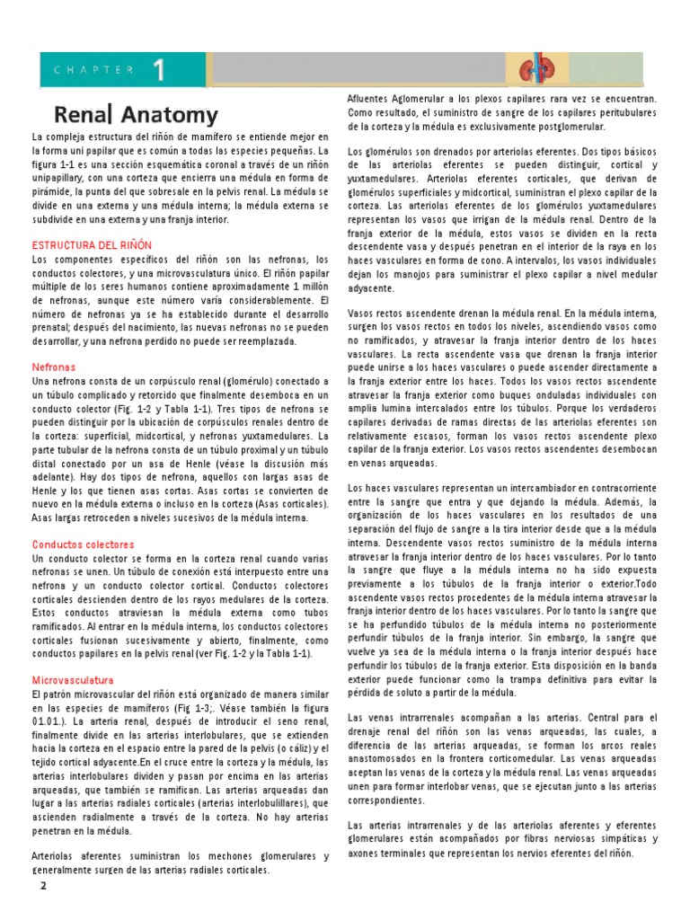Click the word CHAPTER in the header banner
94,69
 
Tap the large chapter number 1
158,69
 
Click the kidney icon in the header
536,70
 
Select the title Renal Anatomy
137,115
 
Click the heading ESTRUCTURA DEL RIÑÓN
93,244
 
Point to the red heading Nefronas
54,367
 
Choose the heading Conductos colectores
84,544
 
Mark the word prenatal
52,328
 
